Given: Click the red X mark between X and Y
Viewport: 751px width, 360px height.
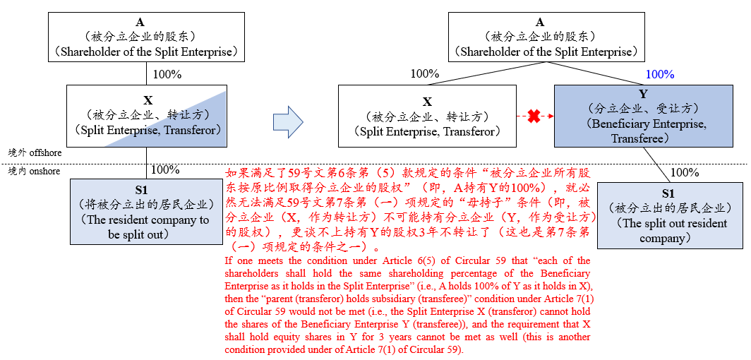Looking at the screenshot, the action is pos(534,116).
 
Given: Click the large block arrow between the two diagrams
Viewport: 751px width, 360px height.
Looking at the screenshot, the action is pos(288,122).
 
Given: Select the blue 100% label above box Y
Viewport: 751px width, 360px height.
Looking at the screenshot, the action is pos(659,75).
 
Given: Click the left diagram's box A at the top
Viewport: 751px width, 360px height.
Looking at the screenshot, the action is pos(147,37).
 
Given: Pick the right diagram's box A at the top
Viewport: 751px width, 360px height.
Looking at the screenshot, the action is pos(546,37).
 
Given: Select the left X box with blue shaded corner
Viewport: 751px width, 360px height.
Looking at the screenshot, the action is pos(146,116).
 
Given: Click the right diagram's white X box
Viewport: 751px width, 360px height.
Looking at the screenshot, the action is pos(427,116).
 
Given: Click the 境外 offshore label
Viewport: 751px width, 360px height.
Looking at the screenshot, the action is pos(35,152).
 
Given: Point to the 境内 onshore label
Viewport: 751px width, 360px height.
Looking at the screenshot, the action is pos(35,171).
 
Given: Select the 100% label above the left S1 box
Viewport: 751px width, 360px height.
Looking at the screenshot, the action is pos(165,169).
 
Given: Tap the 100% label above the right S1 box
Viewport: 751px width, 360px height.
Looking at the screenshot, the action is pos(685,172).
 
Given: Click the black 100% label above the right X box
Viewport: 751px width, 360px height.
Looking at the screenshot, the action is pos(425,73).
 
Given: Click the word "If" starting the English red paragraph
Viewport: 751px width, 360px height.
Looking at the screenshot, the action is pos(227,261).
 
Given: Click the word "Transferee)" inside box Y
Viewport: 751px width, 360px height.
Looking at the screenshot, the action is pos(643,138).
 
